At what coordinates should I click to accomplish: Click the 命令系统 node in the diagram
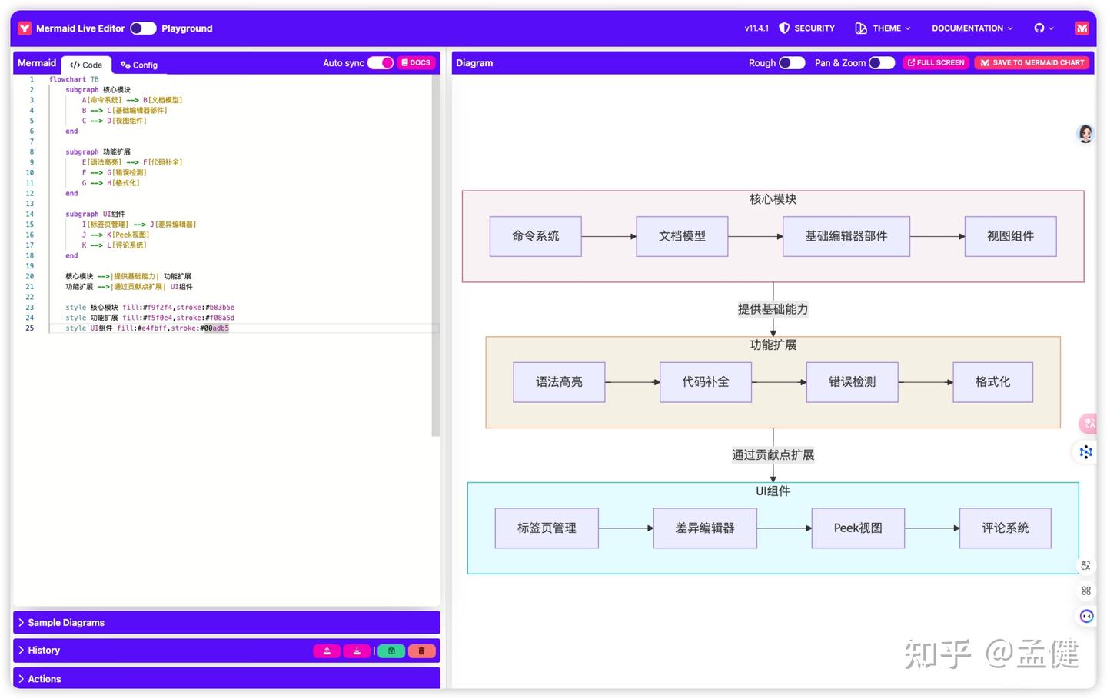click(x=535, y=236)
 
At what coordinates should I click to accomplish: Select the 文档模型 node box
click(x=682, y=236)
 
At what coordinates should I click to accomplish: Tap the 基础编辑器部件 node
click(x=846, y=236)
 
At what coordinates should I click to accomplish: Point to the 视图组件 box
click(x=1010, y=236)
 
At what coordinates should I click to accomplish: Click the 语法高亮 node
click(x=559, y=382)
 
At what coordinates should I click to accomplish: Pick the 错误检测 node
click(x=852, y=382)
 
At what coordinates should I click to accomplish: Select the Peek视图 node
click(x=858, y=528)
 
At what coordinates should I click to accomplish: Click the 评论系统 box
click(x=1005, y=528)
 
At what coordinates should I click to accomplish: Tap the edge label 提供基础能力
click(x=773, y=309)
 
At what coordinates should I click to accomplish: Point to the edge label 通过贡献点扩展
click(x=773, y=455)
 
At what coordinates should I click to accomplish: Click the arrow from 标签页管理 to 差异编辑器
click(x=626, y=528)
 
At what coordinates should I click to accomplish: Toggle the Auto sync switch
click(x=381, y=63)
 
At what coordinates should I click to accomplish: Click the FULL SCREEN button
click(x=936, y=63)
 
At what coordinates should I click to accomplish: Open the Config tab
click(x=139, y=65)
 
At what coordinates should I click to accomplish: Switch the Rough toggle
click(x=792, y=63)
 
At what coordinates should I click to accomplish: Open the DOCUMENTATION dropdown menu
click(x=972, y=28)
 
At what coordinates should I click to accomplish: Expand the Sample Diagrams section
click(x=66, y=623)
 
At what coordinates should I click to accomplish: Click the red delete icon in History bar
click(x=421, y=651)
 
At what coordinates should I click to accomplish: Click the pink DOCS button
click(x=416, y=63)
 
